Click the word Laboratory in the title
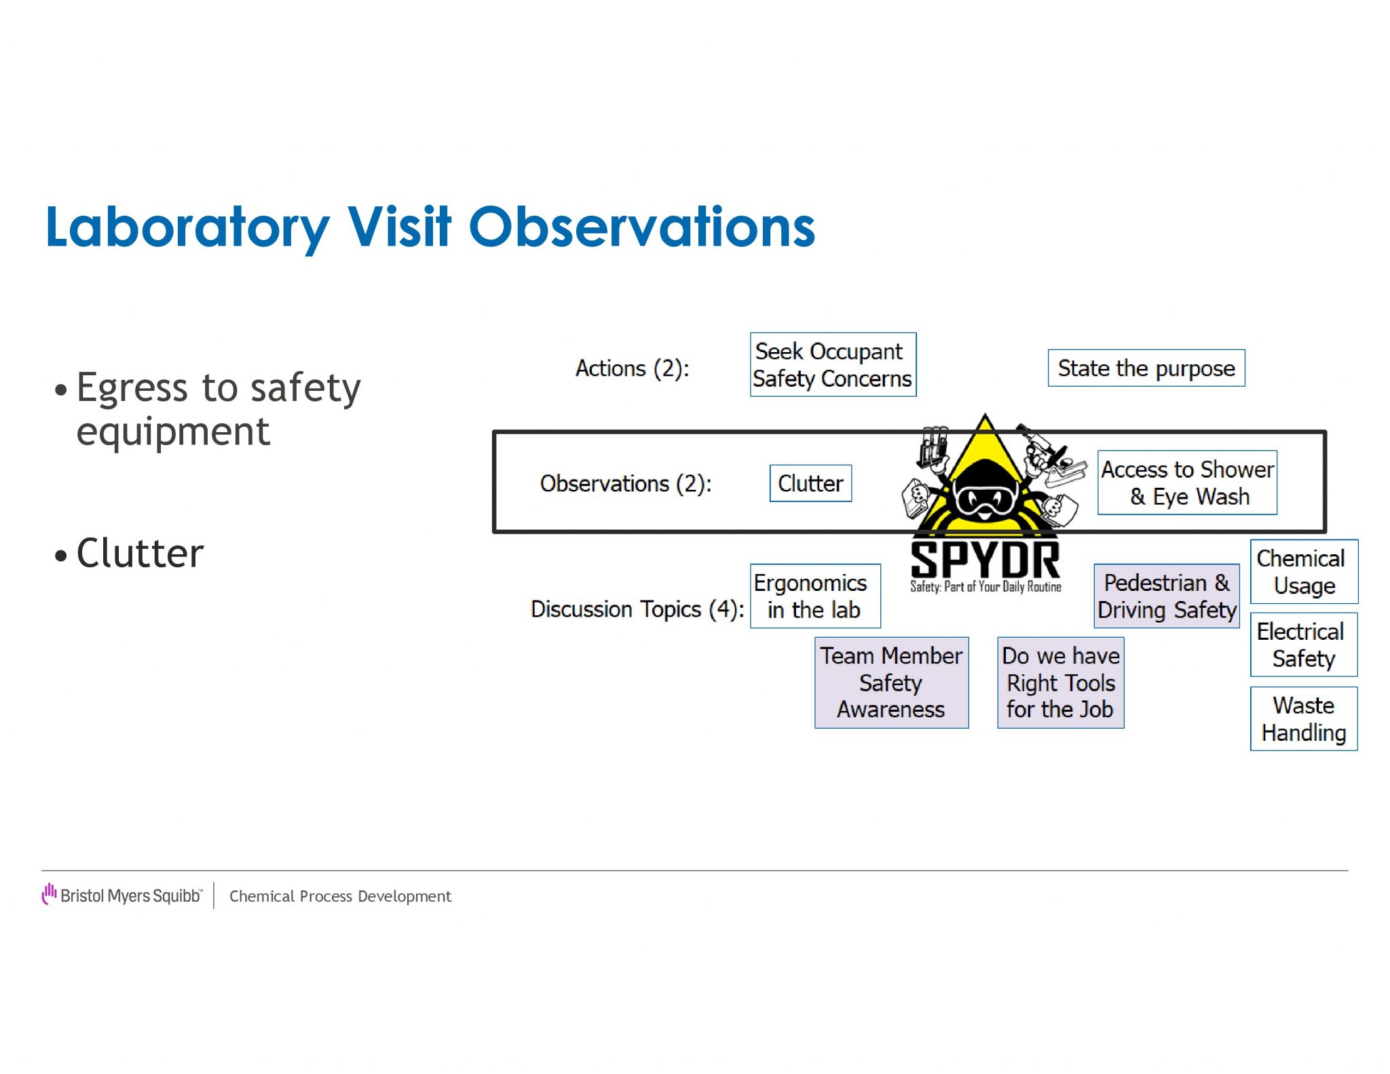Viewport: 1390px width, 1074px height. (x=187, y=228)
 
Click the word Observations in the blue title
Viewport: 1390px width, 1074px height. (x=641, y=227)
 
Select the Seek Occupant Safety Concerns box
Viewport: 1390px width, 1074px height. (x=833, y=365)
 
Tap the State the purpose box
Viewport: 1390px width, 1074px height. (x=1146, y=368)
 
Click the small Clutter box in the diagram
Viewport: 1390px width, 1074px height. (x=810, y=483)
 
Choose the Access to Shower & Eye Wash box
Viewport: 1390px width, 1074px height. (x=1187, y=482)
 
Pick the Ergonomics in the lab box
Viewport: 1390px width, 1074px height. (x=814, y=596)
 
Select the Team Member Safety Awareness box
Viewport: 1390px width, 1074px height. (x=891, y=683)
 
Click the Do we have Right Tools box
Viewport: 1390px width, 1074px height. (x=1060, y=683)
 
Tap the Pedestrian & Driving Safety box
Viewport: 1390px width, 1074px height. (x=1166, y=596)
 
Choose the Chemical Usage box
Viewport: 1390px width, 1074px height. (x=1303, y=571)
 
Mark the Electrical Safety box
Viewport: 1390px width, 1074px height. (x=1303, y=645)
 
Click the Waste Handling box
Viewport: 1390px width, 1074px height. (x=1303, y=719)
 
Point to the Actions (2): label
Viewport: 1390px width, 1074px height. (x=632, y=368)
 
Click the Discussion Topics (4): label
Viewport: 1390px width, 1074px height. (x=637, y=609)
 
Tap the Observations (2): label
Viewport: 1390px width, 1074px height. (x=625, y=484)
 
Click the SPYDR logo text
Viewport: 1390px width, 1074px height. (x=985, y=560)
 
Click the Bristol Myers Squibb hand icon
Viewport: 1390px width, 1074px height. (x=49, y=894)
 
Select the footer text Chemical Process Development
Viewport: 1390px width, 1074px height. (x=340, y=896)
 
